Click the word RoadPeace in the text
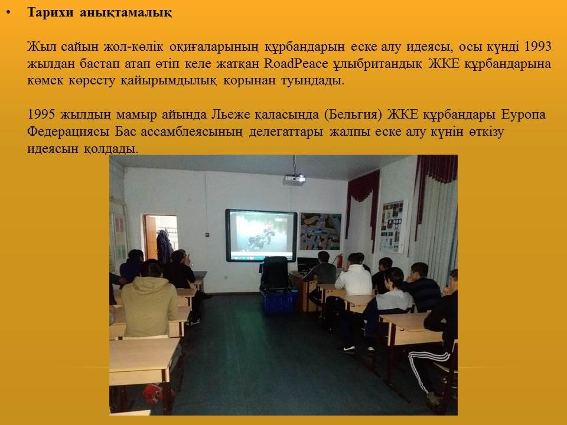(296, 64)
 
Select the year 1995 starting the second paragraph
(41, 115)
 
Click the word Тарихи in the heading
(50, 12)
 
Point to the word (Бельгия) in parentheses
(353, 115)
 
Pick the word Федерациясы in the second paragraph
(68, 132)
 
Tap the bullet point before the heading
(8, 12)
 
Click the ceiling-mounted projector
(294, 179)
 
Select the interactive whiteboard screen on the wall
(261, 236)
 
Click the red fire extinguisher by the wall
(340, 260)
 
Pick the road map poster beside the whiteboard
(321, 231)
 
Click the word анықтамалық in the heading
(126, 12)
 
